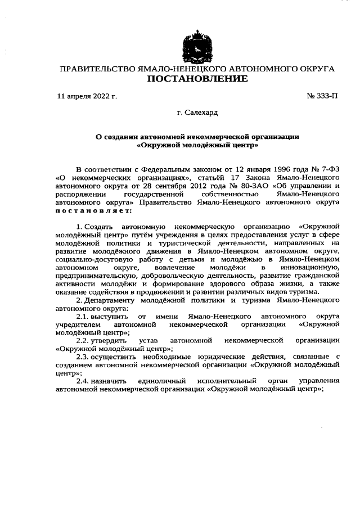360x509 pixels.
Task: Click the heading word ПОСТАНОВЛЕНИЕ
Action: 197,79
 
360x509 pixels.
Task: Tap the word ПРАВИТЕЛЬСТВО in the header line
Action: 96,69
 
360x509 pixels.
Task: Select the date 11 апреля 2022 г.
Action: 87,96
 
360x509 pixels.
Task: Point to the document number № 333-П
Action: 322,96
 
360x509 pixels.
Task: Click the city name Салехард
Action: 201,113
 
